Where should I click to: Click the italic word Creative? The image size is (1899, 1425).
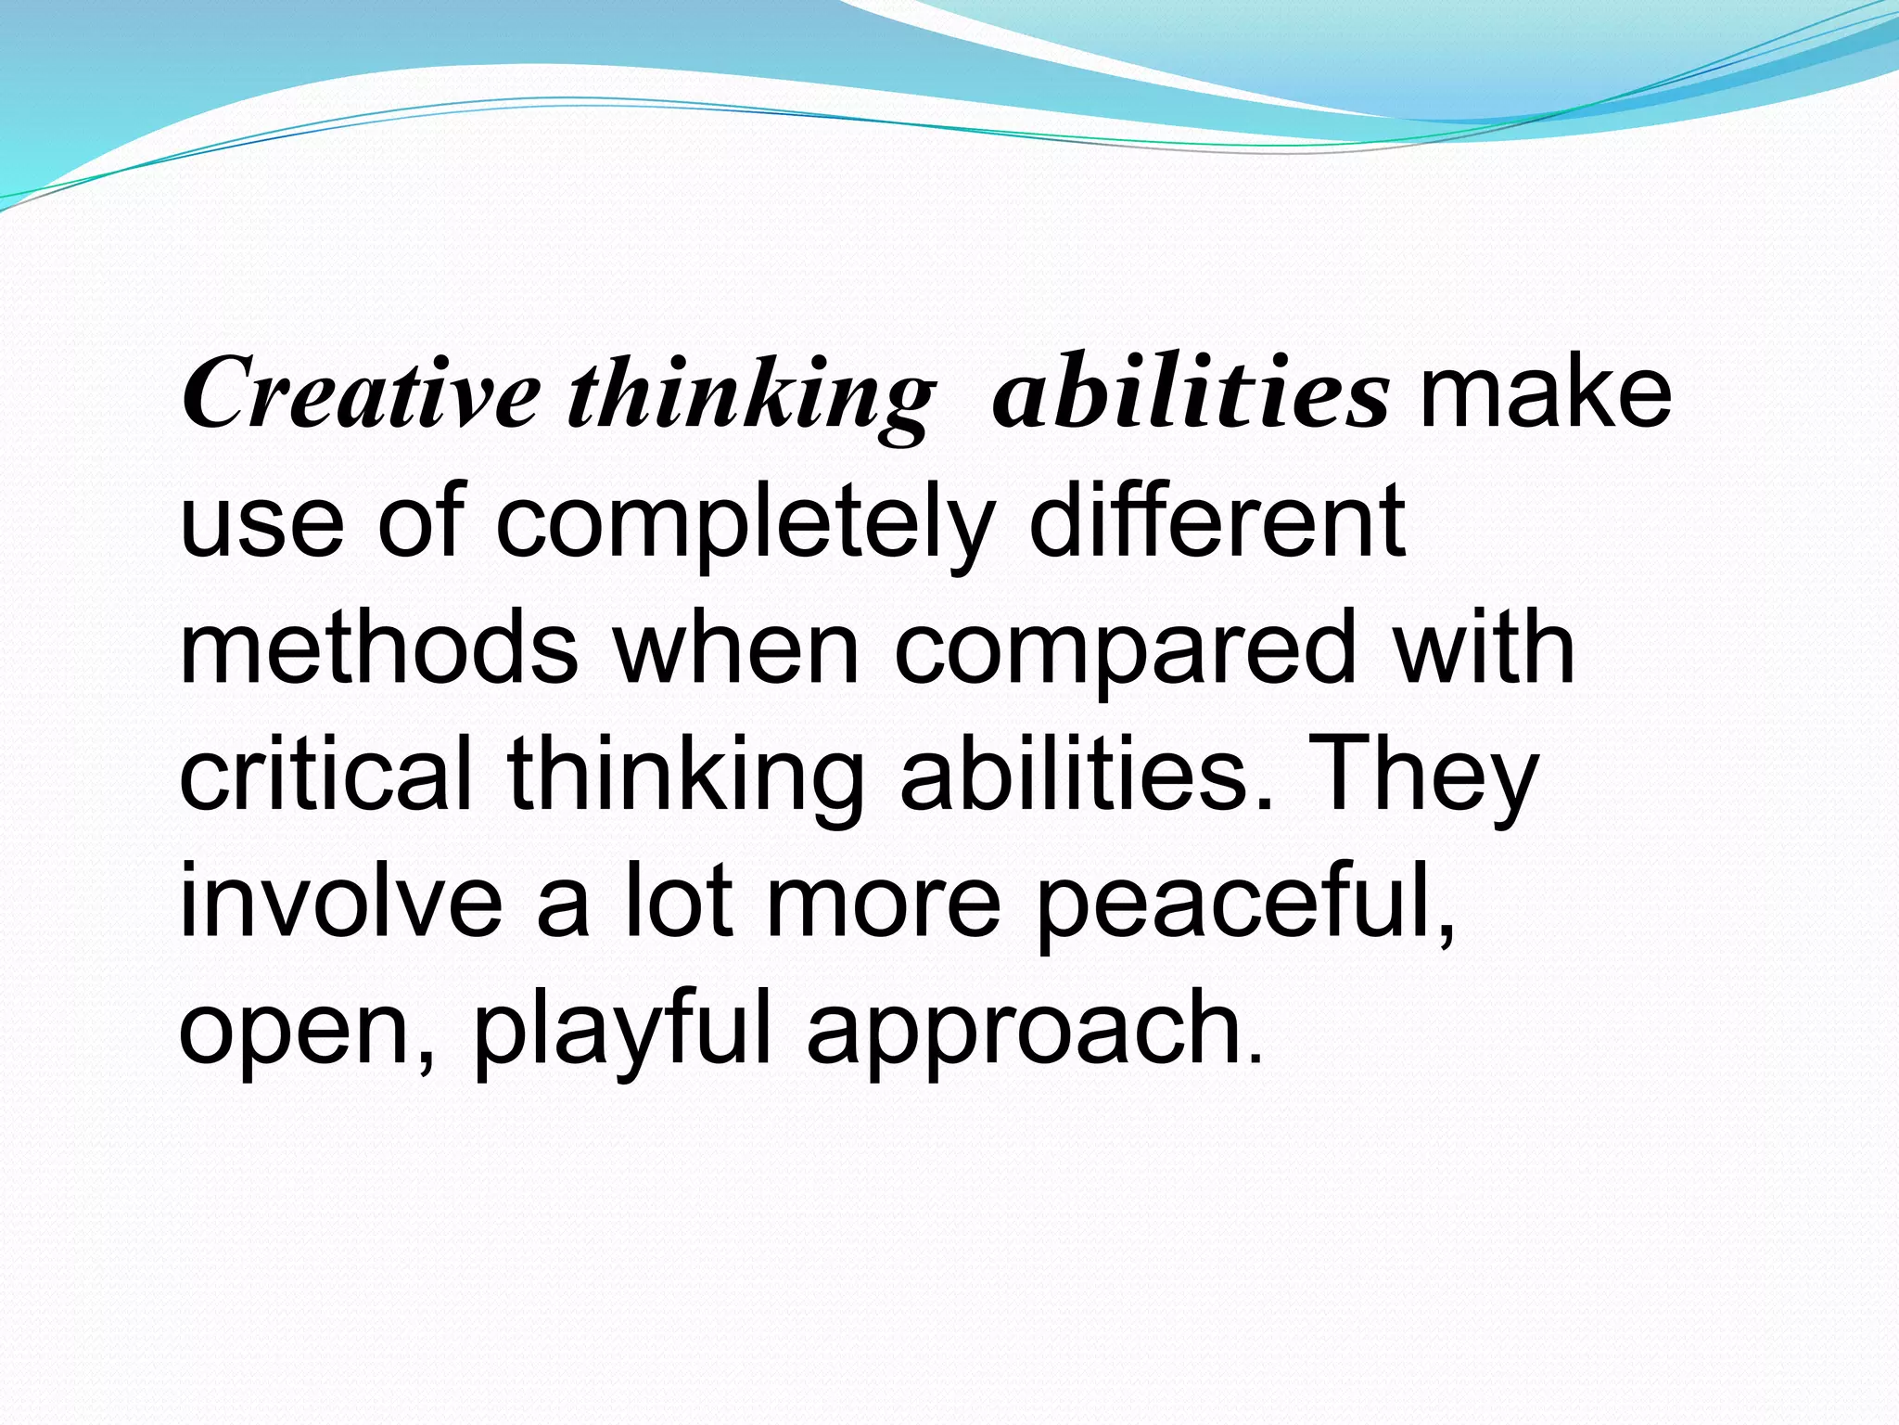pos(360,393)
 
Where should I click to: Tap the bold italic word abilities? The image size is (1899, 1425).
pos(1190,393)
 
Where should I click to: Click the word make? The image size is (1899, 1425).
pos(1545,393)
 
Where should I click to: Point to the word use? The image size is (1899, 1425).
pos(261,525)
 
